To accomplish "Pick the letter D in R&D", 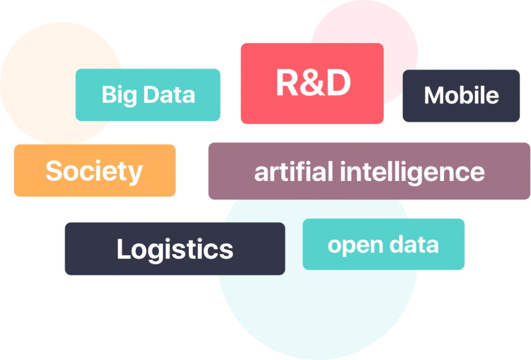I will point(338,83).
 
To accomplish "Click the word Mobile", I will point(461,95).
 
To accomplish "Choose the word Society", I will point(94,171).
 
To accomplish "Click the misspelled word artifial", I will point(294,172).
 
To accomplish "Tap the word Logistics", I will point(175,249).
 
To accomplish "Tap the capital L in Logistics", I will point(123,248).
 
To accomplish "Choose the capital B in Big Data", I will point(108,95).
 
